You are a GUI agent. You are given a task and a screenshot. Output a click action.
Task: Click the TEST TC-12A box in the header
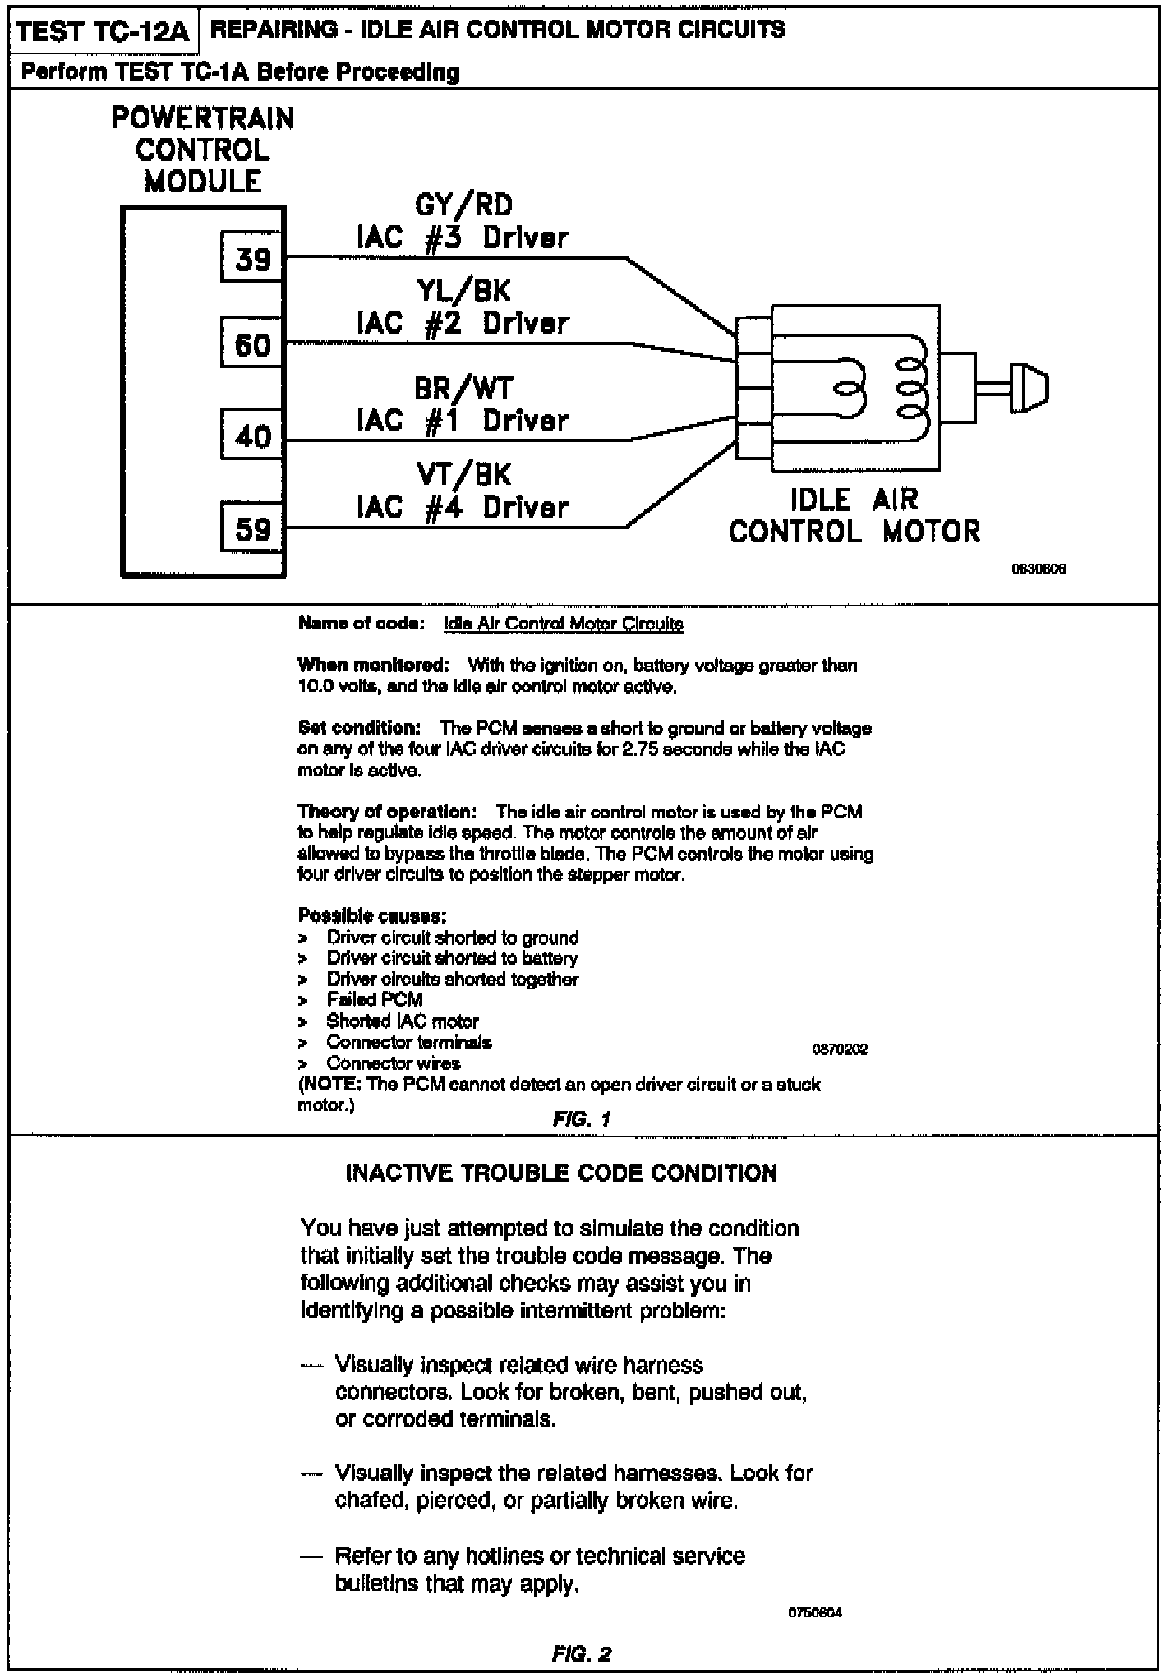103,32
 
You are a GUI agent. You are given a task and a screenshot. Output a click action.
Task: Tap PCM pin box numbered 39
253,260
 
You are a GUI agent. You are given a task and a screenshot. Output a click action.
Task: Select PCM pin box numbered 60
253,344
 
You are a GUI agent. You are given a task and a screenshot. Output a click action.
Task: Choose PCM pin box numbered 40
253,436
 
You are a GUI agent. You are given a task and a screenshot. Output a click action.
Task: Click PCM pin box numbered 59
253,528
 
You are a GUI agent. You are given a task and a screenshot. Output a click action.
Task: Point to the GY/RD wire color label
463,205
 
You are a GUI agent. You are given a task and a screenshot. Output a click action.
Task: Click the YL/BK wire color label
463,290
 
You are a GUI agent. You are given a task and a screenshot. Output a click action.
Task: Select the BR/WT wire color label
463,388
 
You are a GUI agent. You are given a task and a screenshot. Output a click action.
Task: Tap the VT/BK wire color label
463,474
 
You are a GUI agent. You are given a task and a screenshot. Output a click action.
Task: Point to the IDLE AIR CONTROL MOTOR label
854,515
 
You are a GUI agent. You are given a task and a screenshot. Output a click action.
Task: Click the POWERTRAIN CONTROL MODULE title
203,150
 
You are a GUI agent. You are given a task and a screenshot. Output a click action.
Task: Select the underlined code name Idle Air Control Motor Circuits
563,624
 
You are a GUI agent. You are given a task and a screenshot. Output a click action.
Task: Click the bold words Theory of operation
387,812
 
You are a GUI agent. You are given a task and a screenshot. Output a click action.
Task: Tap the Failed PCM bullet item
375,1000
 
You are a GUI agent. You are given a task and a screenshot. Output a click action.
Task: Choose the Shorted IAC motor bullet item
403,1021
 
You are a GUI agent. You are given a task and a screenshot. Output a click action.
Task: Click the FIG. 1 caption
582,1119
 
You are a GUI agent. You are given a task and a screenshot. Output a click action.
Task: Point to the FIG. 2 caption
582,1653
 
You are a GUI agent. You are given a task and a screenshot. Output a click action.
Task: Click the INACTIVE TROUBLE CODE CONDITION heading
561,1173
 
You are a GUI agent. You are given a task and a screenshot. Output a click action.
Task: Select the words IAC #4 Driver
463,507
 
